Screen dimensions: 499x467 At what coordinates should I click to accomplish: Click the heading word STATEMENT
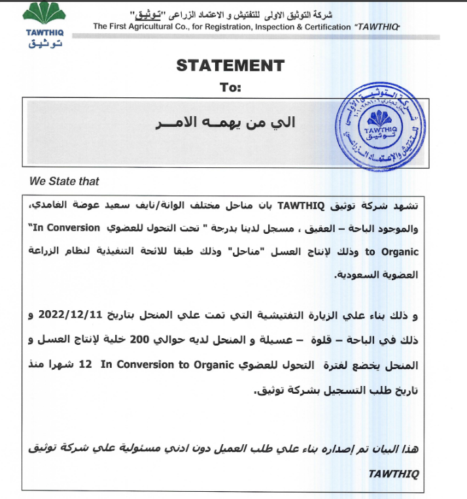(x=230, y=65)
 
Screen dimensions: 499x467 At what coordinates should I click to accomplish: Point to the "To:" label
(x=230, y=87)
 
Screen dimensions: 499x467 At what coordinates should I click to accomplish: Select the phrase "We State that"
(x=65, y=181)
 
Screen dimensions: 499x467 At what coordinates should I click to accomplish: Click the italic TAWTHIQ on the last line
(x=392, y=473)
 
